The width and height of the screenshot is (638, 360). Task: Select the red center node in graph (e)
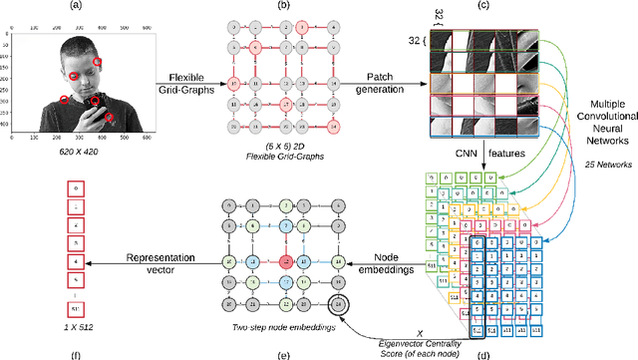(x=286, y=262)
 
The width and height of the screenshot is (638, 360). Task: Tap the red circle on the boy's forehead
(x=98, y=62)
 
